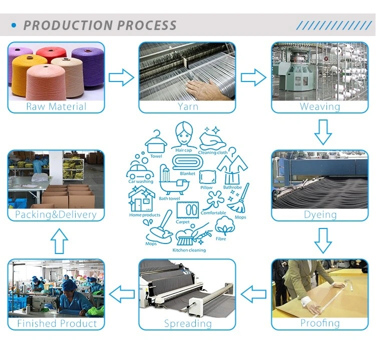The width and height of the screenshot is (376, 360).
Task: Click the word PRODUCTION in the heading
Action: (68, 25)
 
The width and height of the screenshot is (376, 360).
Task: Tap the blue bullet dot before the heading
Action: (14, 25)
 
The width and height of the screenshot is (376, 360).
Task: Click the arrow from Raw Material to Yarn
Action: (121, 77)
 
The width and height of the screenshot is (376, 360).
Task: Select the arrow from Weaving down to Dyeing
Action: (323, 132)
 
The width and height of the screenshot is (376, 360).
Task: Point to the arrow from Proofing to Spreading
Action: (253, 294)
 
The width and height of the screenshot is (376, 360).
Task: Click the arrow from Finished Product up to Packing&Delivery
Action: (59, 241)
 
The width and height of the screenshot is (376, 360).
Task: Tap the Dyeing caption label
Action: (320, 214)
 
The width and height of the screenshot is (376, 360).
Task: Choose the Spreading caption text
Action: (188, 323)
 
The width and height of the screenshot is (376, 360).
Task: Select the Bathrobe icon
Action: (232, 166)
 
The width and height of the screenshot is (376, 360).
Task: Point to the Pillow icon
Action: (208, 177)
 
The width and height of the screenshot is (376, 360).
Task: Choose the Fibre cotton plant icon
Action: (225, 225)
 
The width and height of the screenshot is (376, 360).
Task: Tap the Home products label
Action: (145, 215)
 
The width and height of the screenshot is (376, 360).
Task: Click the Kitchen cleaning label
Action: (189, 250)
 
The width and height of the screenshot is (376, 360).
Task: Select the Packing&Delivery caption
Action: (56, 214)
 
